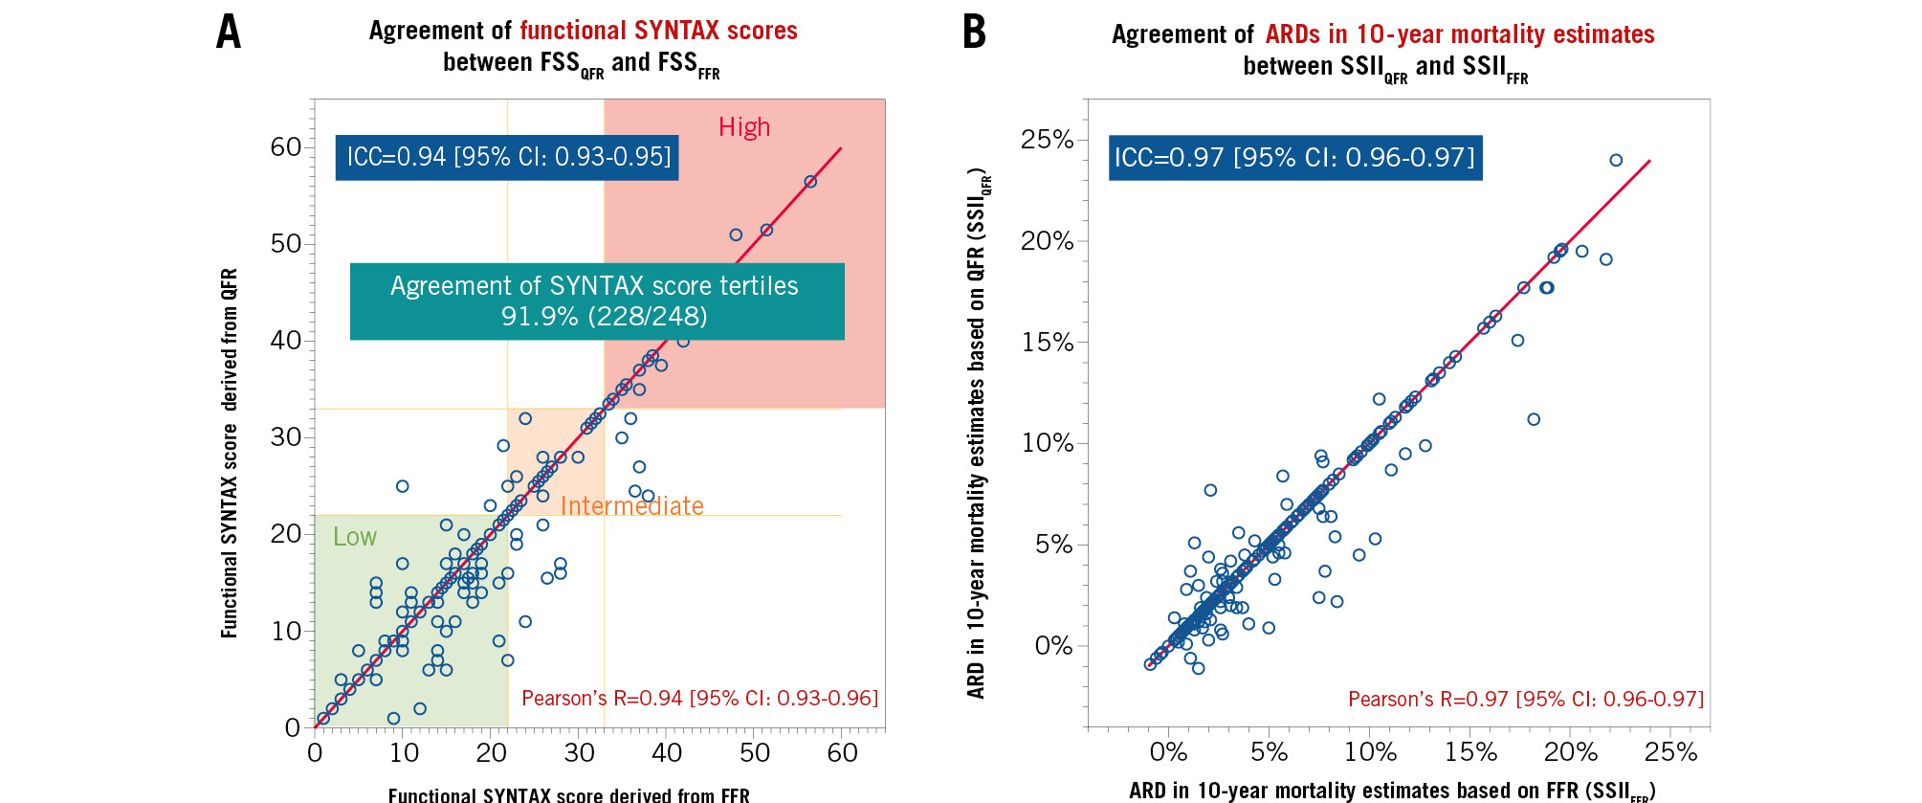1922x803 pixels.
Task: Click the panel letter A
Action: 228,32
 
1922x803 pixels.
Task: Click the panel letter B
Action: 974,32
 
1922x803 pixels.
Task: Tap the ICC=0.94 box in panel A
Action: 507,157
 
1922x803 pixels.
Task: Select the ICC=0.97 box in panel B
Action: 1294,157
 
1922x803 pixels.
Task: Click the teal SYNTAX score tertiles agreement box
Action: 596,301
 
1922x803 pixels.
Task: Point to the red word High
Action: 744,127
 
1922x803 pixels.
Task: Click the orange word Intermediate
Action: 631,505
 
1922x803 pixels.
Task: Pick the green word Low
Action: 354,537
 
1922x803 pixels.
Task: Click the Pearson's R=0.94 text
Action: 699,698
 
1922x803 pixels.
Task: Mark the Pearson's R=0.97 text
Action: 1526,699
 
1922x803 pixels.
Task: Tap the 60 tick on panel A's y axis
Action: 286,147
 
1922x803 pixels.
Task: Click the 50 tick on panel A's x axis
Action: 754,753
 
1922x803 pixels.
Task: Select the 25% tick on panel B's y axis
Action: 1048,140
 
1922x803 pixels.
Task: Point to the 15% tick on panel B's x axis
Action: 1471,752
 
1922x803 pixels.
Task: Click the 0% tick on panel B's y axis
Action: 1053,646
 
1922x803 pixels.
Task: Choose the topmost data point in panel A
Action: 810,182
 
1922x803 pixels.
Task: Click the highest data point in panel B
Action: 1616,161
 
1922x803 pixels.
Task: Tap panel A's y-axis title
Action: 230,453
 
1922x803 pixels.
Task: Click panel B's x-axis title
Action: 1391,791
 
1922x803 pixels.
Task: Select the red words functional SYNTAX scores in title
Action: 658,31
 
